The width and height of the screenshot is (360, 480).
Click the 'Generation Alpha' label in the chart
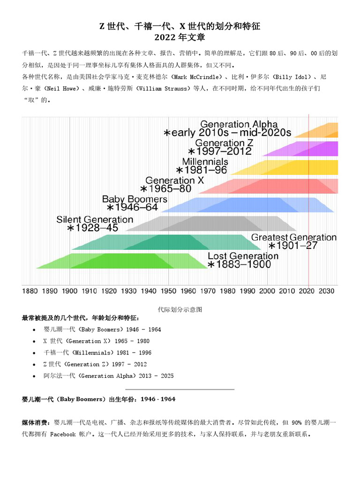[239, 124]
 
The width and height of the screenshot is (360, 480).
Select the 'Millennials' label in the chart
[205, 161]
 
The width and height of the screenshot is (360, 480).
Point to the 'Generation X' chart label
[174, 180]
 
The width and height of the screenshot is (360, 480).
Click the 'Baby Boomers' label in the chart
[135, 199]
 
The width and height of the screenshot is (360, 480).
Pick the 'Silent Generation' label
[95, 219]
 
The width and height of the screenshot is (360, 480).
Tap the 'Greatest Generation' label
[293, 237]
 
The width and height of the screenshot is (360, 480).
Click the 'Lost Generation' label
[243, 256]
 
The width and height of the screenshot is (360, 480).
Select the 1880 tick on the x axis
[30, 291]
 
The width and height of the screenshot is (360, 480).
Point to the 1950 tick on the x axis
[168, 291]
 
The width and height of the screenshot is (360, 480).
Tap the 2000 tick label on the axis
[267, 291]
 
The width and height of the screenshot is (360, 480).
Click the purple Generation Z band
[309, 149]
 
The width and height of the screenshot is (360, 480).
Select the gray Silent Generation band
[211, 224]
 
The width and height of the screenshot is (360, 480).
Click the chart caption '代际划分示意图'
[180, 310]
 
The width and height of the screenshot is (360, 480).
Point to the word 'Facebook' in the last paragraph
[63, 435]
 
